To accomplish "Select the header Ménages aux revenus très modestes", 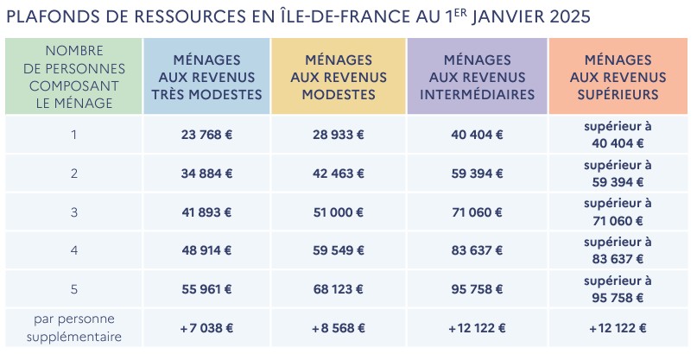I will pyautogui.click(x=206, y=77).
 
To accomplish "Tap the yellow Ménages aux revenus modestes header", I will pyautogui.click(x=338, y=77).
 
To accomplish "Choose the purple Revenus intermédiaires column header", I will pyautogui.click(x=477, y=77).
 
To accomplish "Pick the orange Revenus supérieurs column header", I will pyautogui.click(x=618, y=77).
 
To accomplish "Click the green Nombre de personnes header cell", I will pyautogui.click(x=73, y=77).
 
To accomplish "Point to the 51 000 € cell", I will pyautogui.click(x=338, y=212).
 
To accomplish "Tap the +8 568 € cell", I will pyautogui.click(x=338, y=328).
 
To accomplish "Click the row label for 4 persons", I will pyautogui.click(x=73, y=250).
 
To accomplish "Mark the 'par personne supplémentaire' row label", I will pyautogui.click(x=73, y=328).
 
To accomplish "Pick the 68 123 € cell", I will pyautogui.click(x=338, y=289).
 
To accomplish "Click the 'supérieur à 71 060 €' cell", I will pyautogui.click(x=618, y=212).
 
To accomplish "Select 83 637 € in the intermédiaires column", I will pyautogui.click(x=477, y=250).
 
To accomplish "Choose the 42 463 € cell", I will pyautogui.click(x=338, y=174).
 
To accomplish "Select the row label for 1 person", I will pyautogui.click(x=73, y=135).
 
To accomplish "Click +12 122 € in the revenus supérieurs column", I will pyautogui.click(x=618, y=328).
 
